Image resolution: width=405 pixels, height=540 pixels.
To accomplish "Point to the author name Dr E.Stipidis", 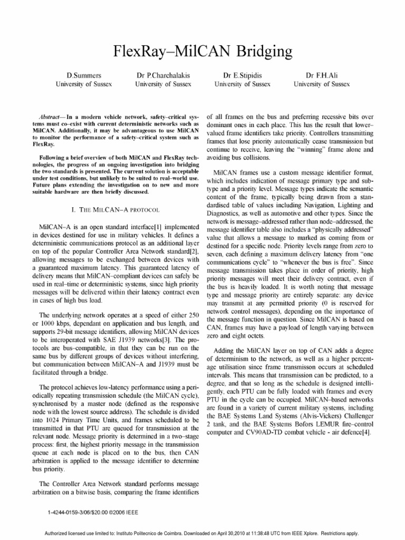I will (243, 75).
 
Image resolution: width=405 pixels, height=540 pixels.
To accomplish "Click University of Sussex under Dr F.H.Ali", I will (322, 84).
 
